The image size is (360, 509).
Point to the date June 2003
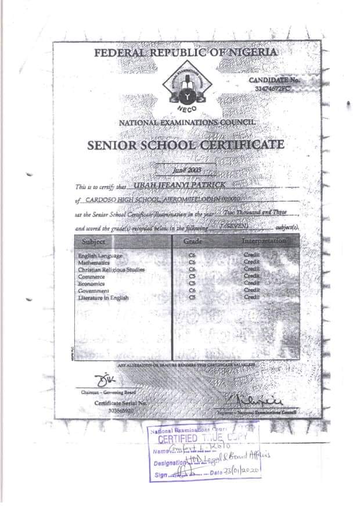pos(186,169)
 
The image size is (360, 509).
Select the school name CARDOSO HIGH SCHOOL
pos(114,200)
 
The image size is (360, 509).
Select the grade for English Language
pos(193,256)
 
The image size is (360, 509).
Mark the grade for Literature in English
pos(193,298)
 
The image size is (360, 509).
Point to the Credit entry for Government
pos(251,290)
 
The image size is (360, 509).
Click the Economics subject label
pos(91,284)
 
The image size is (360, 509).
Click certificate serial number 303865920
pos(121,410)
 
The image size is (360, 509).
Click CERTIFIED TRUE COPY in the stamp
pos(201,439)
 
